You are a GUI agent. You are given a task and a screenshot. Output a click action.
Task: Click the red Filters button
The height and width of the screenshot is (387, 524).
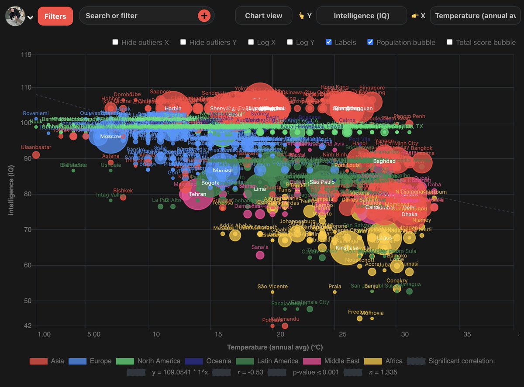coord(55,16)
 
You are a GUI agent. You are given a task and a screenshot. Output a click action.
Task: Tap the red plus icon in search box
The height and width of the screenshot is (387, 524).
coord(204,16)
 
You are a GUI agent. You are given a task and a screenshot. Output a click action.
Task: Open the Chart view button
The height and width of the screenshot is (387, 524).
coord(263,16)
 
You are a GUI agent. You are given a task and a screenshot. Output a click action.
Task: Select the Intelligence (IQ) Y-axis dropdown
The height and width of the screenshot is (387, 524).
coord(361,16)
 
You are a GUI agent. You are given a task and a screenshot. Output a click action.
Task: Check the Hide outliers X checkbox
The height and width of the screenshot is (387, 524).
coord(115,42)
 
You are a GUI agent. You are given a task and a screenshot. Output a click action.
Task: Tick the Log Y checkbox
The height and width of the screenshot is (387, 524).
coord(290,42)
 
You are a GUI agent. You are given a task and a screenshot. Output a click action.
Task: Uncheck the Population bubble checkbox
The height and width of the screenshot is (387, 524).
coord(370,42)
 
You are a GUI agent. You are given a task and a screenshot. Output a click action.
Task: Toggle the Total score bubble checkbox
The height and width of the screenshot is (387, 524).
coord(450,42)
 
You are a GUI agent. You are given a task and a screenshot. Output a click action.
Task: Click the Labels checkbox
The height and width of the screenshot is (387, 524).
coord(329,42)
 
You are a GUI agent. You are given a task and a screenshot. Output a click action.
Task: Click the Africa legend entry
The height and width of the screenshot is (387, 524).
coord(386,361)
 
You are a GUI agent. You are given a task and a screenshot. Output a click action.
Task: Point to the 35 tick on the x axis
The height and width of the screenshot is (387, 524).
coord(467,334)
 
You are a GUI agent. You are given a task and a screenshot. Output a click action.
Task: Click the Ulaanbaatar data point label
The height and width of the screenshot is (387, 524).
coord(36,147)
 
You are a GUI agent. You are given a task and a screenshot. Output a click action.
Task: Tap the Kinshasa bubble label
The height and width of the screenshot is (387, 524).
coord(347,248)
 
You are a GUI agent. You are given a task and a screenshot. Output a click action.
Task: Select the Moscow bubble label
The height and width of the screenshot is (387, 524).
coord(110,137)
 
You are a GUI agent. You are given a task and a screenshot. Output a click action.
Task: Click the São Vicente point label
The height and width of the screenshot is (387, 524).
coord(272,287)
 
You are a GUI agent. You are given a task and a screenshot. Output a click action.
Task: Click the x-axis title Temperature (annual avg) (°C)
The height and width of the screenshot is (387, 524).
coord(275,347)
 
